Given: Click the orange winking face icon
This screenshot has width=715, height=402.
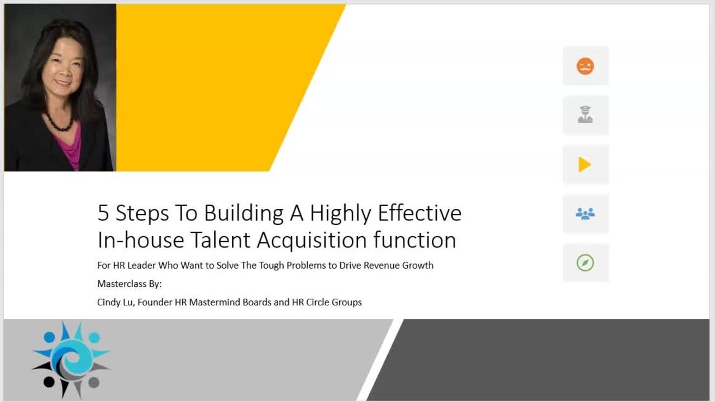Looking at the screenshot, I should (585, 66).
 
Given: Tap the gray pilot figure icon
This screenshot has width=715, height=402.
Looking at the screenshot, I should (585, 114).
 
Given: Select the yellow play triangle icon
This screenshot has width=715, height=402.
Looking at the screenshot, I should (584, 164).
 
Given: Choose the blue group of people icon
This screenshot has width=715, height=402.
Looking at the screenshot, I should (585, 213).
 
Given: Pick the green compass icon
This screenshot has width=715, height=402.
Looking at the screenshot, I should (585, 262).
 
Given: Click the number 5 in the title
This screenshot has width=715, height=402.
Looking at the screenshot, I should (103, 213).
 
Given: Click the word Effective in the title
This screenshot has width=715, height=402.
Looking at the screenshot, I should (420, 213).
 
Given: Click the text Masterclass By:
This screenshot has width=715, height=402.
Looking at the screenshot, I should (129, 284).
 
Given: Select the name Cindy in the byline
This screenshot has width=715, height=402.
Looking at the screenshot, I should (109, 302).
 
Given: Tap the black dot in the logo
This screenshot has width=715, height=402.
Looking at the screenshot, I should (49, 382).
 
